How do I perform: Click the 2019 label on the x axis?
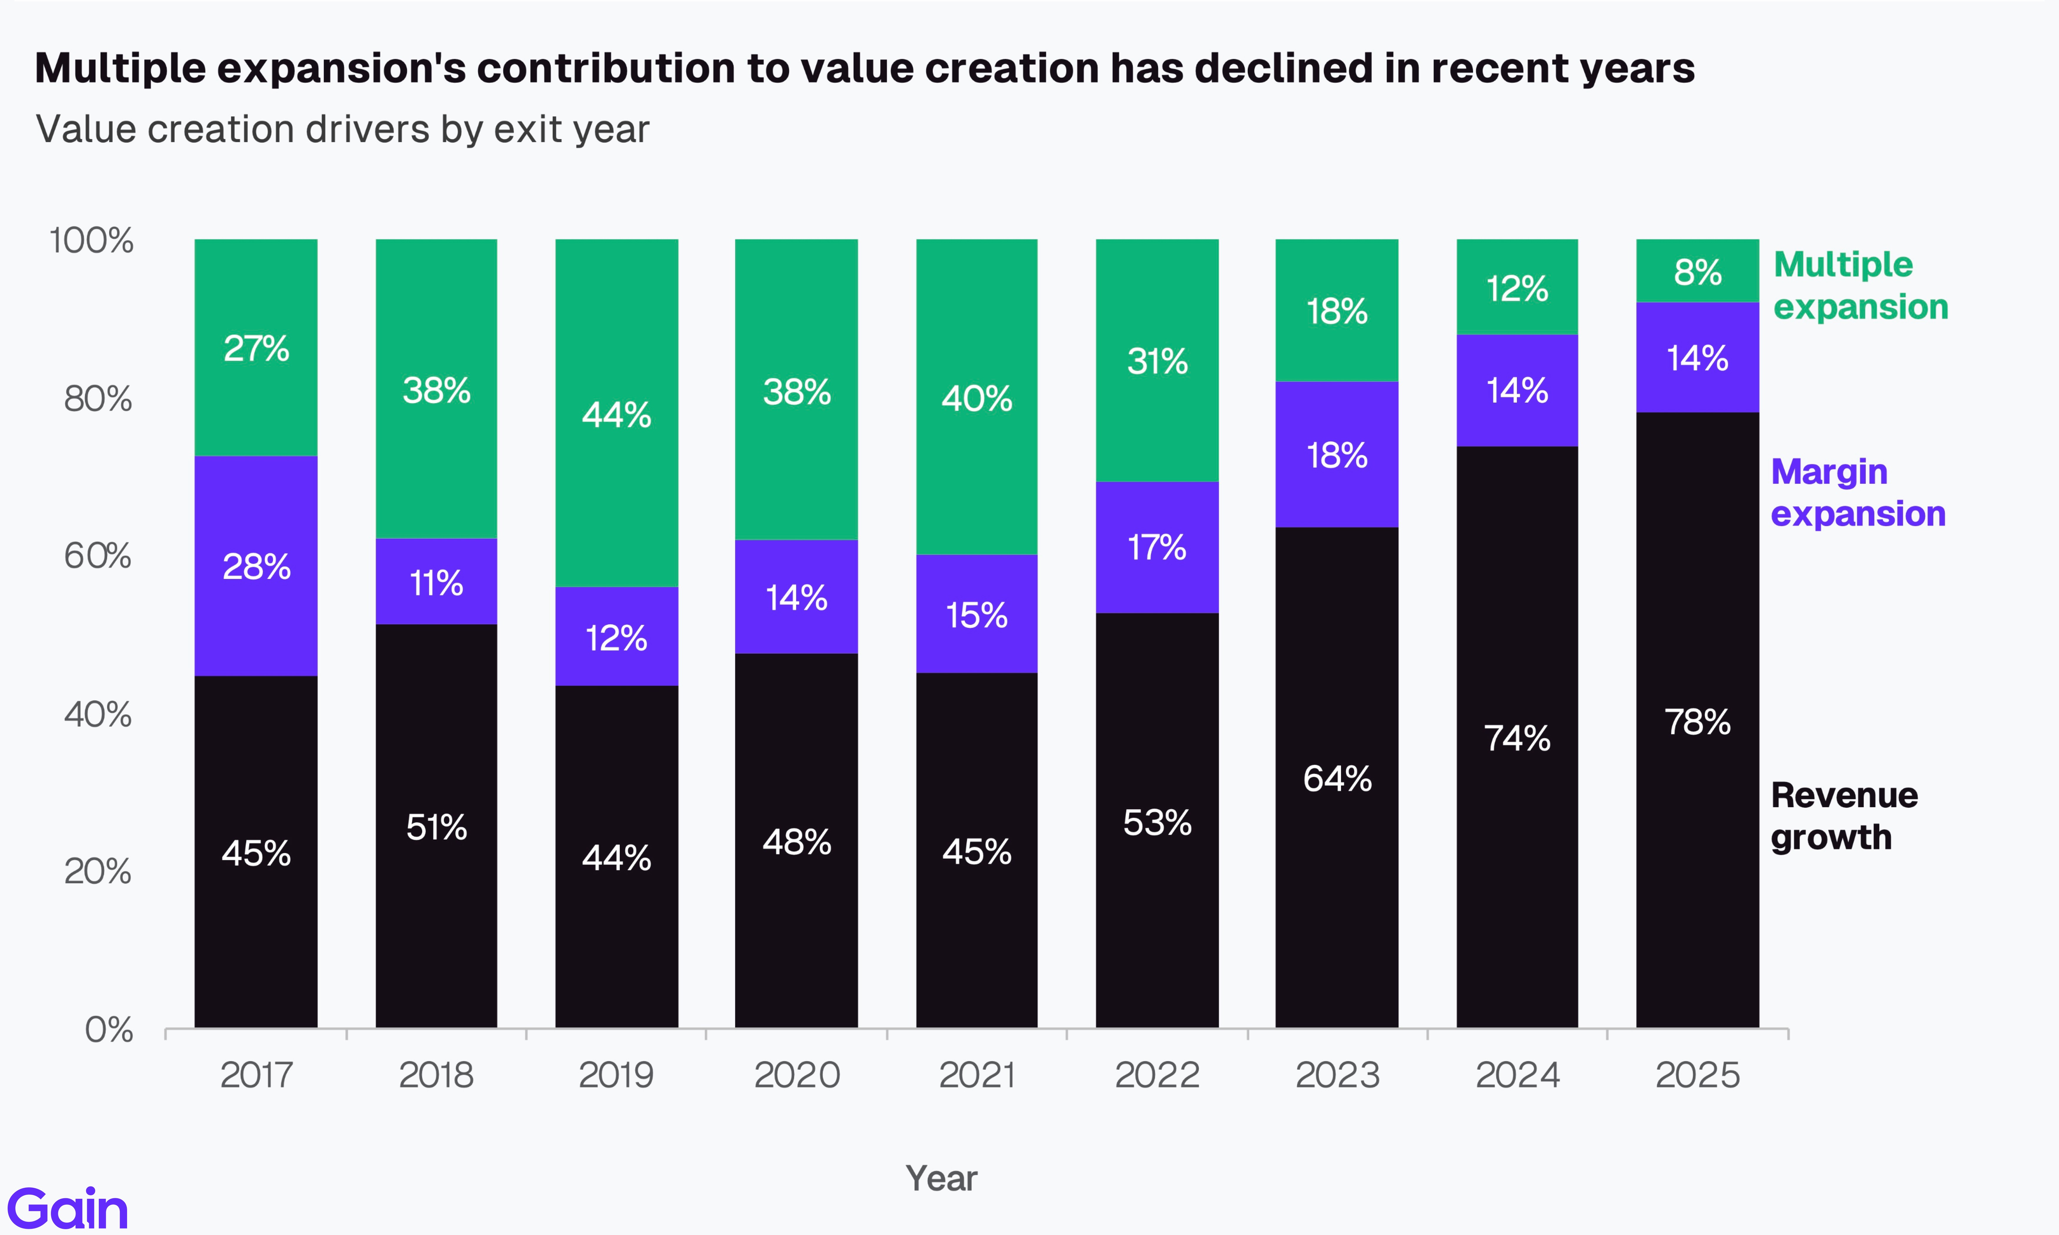coord(616,1074)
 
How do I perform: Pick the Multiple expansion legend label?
coord(1860,286)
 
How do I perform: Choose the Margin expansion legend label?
coord(1858,493)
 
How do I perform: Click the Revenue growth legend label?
coord(1843,816)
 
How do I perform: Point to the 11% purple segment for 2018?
coord(436,582)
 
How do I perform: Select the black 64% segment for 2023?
coord(1337,778)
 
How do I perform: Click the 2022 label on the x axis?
coord(1157,1074)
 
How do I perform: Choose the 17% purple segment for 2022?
coord(1157,547)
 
